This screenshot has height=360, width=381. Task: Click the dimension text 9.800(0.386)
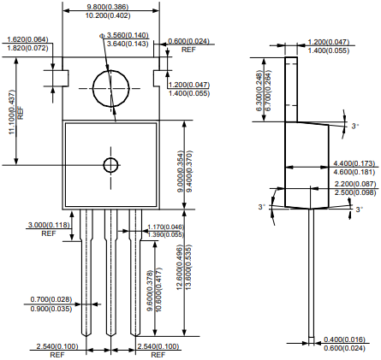[107, 7]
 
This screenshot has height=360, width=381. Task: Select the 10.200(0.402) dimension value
[108, 15]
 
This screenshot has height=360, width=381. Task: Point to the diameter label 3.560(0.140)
[128, 35]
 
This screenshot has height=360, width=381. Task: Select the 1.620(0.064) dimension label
[27, 39]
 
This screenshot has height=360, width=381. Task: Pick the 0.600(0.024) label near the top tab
[188, 41]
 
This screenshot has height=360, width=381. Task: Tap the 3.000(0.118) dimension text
[49, 225]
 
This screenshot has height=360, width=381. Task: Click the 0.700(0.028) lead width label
[51, 299]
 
